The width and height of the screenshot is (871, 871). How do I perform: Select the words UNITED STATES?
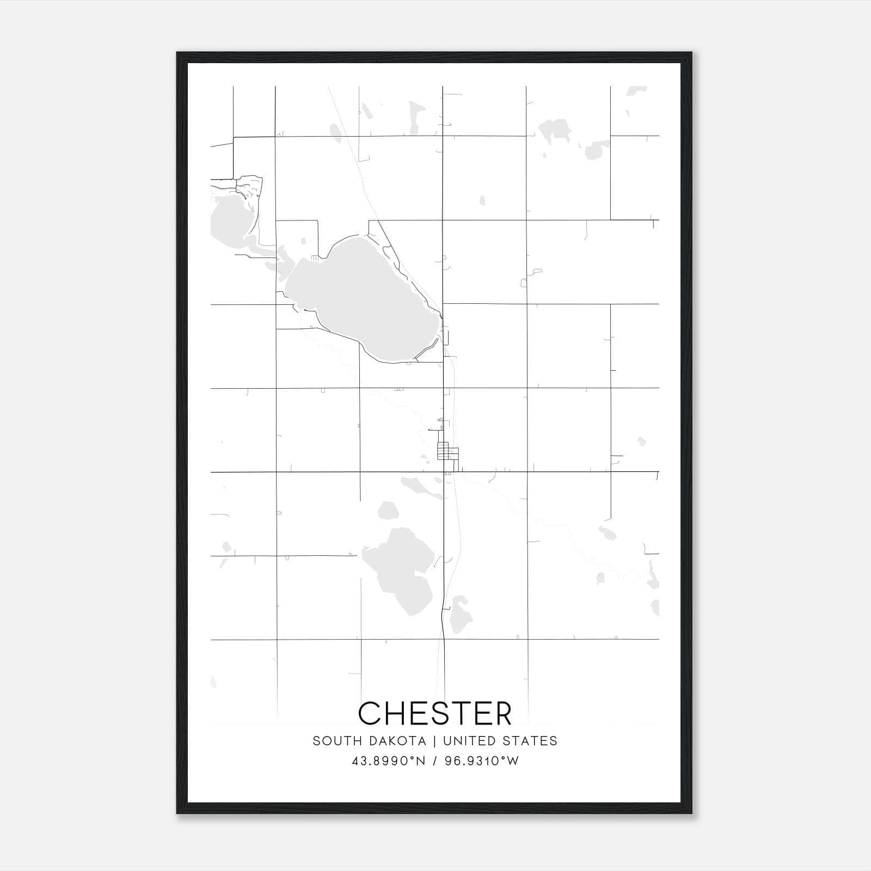tap(500, 741)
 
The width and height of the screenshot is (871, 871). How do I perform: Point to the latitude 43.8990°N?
tap(389, 761)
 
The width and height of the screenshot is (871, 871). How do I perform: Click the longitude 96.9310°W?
tap(482, 761)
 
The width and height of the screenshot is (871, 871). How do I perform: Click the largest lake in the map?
tap(362, 299)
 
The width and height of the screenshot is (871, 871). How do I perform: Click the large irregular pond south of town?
tap(400, 566)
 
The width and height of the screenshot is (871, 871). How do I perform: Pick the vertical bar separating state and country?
tap(434, 741)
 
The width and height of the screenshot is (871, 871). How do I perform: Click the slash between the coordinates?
tap(434, 761)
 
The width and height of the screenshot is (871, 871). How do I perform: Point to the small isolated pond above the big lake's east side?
tap(482, 200)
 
